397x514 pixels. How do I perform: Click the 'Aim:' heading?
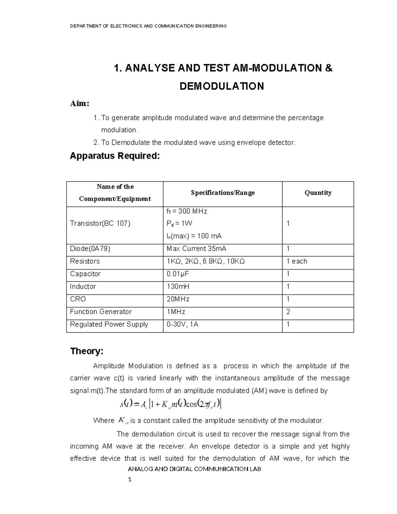point(79,104)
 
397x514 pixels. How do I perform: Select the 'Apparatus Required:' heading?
point(115,156)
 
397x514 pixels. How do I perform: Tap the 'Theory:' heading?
point(87,351)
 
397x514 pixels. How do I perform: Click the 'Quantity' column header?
point(318,193)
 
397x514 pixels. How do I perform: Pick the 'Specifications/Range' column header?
point(223,193)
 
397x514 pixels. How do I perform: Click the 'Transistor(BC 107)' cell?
point(100,223)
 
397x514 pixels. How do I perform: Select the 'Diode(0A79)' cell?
point(90,249)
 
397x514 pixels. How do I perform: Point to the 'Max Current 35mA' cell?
point(197,249)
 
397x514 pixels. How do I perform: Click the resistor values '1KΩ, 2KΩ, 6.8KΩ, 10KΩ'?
point(205,261)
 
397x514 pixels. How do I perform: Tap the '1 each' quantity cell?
point(297,261)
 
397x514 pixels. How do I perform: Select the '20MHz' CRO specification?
point(178,299)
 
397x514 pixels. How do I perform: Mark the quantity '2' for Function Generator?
point(288,312)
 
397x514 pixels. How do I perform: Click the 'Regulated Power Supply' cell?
point(109,324)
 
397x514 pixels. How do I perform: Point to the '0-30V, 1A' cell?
point(182,324)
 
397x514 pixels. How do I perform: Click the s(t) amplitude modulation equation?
point(171,404)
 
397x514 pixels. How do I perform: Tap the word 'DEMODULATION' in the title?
point(222,86)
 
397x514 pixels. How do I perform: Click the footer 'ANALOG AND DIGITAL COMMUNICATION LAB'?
point(195,469)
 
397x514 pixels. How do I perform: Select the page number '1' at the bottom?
point(130,480)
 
